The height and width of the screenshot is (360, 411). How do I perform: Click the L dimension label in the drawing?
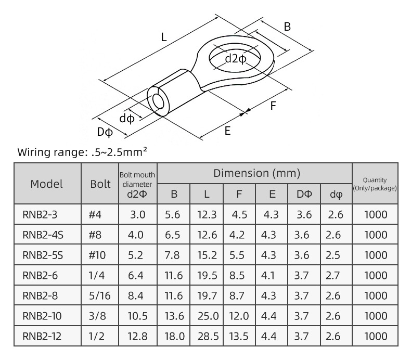pos(164,37)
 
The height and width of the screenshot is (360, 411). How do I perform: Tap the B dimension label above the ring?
pos(287,27)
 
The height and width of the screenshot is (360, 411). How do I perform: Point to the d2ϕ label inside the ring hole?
pos(236,59)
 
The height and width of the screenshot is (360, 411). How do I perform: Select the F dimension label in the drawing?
pos(273,106)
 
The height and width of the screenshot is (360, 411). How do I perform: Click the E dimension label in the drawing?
pos(227,131)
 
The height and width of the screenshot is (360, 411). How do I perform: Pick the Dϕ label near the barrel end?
pos(105,132)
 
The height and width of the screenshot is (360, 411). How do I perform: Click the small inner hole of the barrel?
pos(158,102)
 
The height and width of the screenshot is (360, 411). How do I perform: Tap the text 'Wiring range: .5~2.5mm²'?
pos(82,152)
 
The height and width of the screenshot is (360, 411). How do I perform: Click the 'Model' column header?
pos(47,184)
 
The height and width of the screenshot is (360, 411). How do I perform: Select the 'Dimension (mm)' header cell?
pos(256,173)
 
